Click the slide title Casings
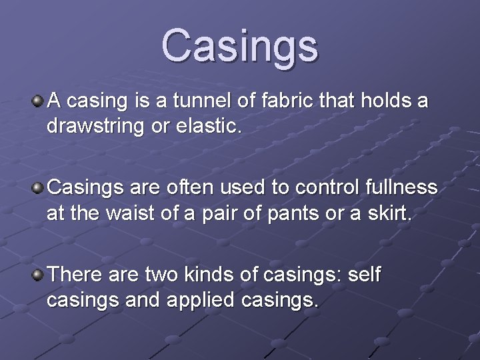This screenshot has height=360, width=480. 240,45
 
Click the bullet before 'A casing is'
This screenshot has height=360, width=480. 39,101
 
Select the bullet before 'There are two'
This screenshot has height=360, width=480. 39,273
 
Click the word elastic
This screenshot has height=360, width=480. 214,126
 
